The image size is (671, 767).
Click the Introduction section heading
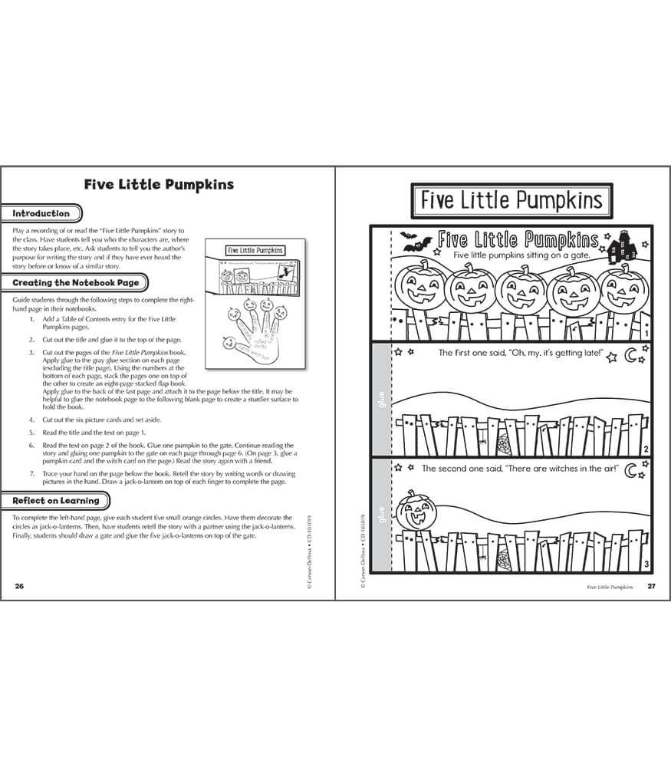pyautogui.click(x=41, y=214)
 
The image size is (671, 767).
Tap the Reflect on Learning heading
pyautogui.click(x=56, y=501)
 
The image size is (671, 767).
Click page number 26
pyautogui.click(x=19, y=586)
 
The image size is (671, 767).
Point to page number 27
pyautogui.click(x=651, y=586)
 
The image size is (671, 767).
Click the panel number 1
pyautogui.click(x=647, y=334)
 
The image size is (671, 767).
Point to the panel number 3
pyautogui.click(x=647, y=565)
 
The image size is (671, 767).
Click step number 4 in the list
pyautogui.click(x=32, y=420)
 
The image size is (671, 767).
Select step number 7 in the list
pyautogui.click(x=32, y=474)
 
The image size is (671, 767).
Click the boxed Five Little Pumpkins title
pyautogui.click(x=511, y=201)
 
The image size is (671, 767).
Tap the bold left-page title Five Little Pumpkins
pyautogui.click(x=159, y=185)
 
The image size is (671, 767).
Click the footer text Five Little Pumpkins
pyautogui.click(x=610, y=587)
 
